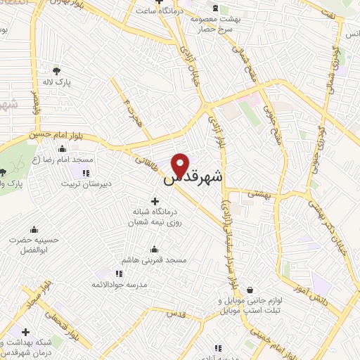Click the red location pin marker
coord(180,165)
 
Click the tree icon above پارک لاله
coord(56,70)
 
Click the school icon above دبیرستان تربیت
coord(86,173)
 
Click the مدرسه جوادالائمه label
coord(117,285)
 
